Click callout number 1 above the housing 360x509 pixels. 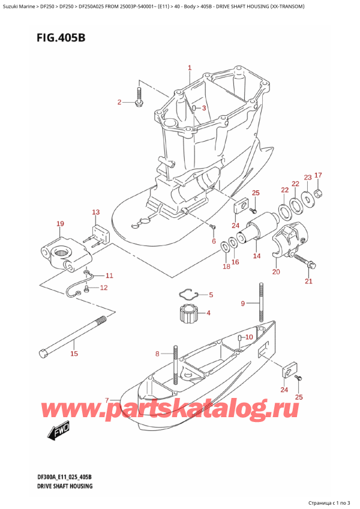coord(190,68)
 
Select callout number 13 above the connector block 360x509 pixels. coord(95,212)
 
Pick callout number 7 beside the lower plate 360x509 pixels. coord(107,400)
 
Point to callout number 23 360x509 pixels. coord(308,177)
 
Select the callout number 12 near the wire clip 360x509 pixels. coord(104,288)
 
